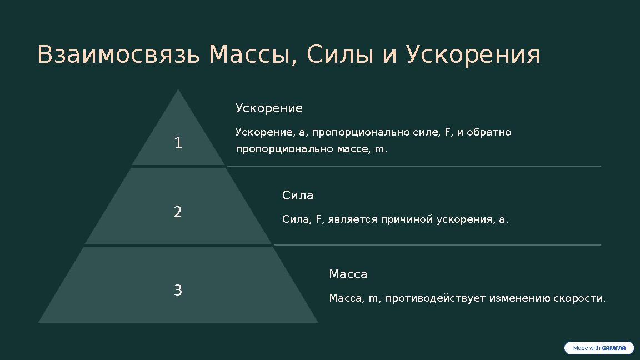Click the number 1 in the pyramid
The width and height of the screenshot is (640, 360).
coord(178,143)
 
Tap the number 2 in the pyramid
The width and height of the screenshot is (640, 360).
coord(178,212)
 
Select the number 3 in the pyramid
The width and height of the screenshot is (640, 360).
coord(178,291)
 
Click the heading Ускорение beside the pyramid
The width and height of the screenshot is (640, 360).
coord(269,108)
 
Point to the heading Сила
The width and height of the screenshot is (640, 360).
coord(298,196)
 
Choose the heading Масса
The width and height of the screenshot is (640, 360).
coord(348,274)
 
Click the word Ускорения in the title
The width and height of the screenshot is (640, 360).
coord(473,55)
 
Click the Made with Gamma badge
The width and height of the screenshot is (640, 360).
coord(599,348)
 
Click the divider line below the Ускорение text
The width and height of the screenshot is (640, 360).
coord(414,166)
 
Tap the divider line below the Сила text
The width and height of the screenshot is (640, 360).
coord(437,245)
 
